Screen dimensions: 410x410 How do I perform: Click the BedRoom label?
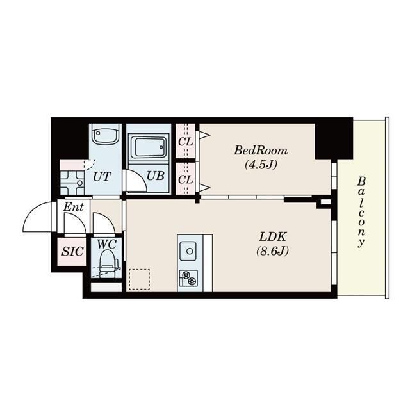point(261,151)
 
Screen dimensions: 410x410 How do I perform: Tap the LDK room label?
point(273,236)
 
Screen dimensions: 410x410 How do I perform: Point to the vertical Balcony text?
point(361,212)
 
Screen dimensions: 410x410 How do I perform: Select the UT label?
point(102,177)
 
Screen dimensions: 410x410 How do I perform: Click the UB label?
point(156,176)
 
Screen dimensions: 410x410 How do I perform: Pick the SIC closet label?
point(72,251)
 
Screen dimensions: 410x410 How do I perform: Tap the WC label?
point(107,245)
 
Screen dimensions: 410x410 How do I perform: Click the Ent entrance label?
point(74,207)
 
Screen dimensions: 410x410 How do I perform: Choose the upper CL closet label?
point(185,142)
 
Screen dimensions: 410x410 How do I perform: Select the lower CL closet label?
point(185,179)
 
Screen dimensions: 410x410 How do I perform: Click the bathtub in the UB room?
point(148,147)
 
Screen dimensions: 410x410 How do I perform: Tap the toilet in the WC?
point(108,263)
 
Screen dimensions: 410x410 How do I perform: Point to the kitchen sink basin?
point(188,251)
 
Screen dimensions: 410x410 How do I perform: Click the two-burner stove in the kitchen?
point(188,278)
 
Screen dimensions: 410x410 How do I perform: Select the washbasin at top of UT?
point(105,134)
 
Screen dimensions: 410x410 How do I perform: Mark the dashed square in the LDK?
point(140,279)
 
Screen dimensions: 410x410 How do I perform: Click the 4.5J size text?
point(261,165)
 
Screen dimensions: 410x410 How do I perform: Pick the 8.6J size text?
point(273,251)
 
